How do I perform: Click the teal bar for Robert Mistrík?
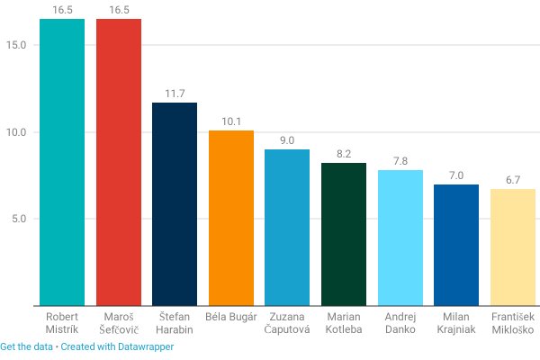point(62,162)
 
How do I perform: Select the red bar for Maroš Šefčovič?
point(118,162)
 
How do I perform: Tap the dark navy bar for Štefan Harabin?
point(175,204)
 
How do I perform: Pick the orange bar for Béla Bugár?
point(230,218)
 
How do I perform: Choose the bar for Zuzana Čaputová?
point(287,228)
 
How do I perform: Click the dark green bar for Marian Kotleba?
point(344,234)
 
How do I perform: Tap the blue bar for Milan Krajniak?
point(456,245)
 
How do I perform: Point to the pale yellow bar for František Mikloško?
point(513,247)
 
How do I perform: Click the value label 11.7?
point(175,94)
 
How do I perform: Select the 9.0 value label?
point(287,140)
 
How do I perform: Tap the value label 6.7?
point(513,180)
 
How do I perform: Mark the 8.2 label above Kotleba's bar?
point(344,154)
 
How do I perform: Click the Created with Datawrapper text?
point(117,346)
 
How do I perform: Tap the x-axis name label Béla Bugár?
point(230,318)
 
